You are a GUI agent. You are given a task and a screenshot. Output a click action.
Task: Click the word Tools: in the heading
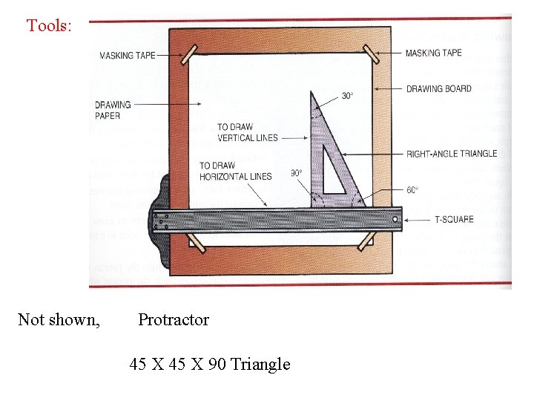click(49, 26)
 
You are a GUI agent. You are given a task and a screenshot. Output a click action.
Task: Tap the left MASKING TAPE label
click(128, 56)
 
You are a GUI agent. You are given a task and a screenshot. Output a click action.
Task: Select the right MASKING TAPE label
click(433, 53)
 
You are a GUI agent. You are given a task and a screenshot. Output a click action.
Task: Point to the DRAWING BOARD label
click(438, 89)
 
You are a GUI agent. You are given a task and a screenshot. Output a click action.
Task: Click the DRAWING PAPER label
click(113, 109)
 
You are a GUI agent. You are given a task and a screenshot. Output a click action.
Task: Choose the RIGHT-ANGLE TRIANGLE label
click(451, 154)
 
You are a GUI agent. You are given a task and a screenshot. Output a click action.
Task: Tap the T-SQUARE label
click(454, 220)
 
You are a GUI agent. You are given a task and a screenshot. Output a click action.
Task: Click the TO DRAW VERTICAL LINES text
click(247, 132)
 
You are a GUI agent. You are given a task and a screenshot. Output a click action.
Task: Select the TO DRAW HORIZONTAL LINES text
click(235, 171)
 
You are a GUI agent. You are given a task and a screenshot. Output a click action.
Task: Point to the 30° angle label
click(347, 96)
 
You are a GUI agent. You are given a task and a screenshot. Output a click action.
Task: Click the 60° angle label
click(412, 190)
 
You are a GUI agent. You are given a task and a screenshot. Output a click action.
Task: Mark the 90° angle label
click(297, 172)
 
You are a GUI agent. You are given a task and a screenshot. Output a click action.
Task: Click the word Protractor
click(174, 320)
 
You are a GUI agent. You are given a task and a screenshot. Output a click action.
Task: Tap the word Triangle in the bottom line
click(260, 364)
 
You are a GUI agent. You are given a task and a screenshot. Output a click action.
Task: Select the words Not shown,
click(59, 320)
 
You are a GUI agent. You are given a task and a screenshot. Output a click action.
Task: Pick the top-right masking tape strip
click(371, 53)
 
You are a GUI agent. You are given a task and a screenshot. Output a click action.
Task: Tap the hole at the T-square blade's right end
click(394, 219)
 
